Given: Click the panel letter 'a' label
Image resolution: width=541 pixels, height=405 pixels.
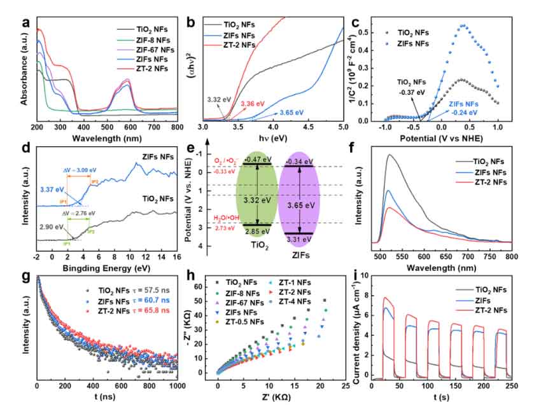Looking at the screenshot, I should [x=25, y=24].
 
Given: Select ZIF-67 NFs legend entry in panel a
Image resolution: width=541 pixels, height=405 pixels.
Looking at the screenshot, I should [x=151, y=50].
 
